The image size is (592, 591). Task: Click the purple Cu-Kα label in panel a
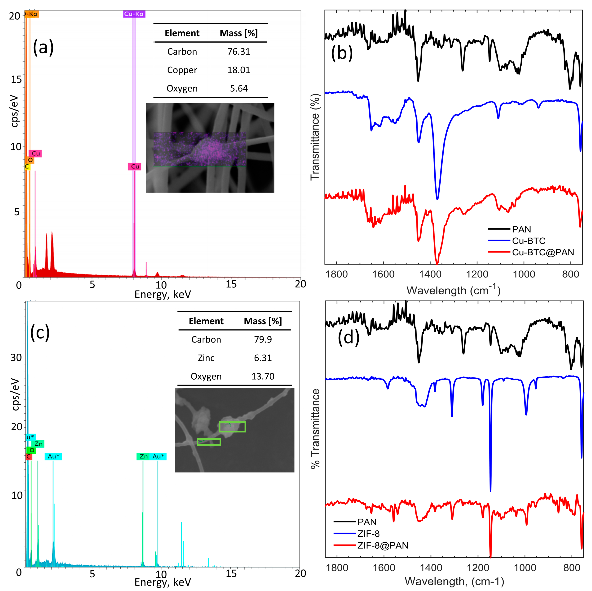click(134, 14)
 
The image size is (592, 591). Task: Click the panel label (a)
click(43, 48)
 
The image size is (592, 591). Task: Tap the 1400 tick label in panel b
click(430, 274)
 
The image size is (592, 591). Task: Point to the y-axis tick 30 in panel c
click(16, 357)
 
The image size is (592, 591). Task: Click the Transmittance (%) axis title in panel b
click(315, 137)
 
